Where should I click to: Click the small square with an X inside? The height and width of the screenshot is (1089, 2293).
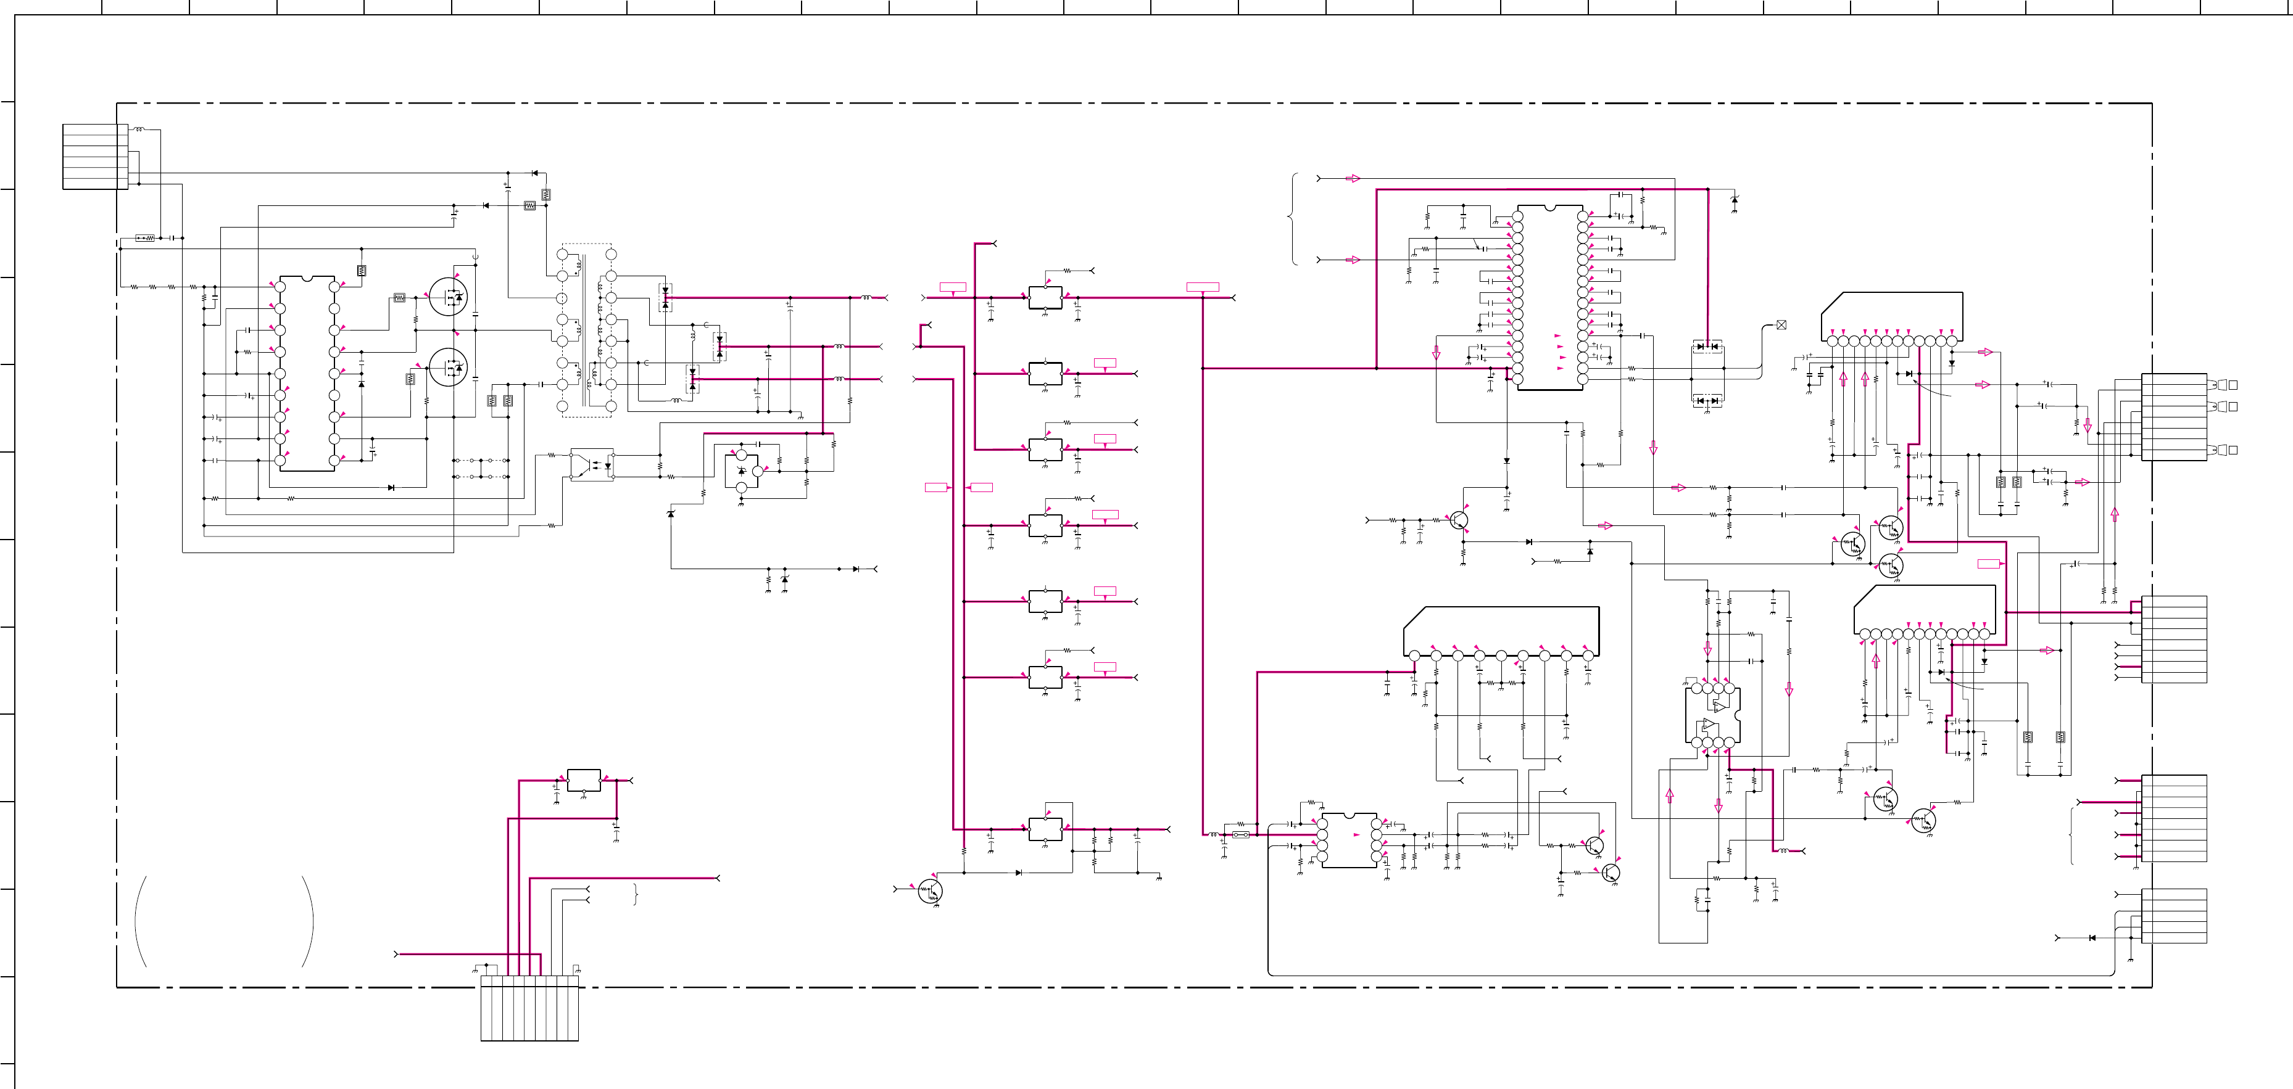[1781, 325]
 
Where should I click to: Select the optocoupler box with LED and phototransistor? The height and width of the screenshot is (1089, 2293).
[592, 464]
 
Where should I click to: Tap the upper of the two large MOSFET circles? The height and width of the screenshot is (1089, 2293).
[448, 296]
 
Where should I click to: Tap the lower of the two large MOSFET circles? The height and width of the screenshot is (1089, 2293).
[448, 366]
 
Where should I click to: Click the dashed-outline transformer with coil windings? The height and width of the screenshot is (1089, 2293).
[587, 330]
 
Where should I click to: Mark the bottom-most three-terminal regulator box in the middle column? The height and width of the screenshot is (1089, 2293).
[1045, 829]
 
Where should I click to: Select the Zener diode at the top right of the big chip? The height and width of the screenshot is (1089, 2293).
[1734, 201]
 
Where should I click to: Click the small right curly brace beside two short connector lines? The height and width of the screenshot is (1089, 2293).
[636, 894]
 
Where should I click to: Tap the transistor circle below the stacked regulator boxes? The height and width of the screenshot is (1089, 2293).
[930, 890]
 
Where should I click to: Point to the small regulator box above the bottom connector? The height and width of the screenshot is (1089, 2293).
[584, 780]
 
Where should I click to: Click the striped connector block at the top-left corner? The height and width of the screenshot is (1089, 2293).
[95, 157]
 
